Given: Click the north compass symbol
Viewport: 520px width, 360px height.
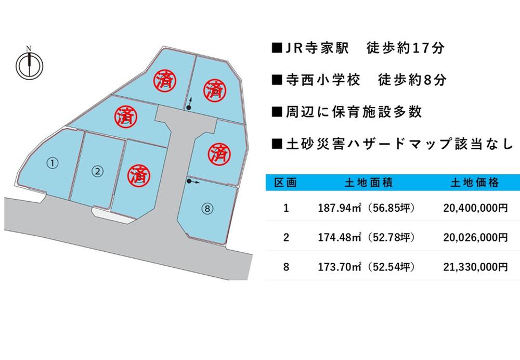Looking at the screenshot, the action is click(30, 65).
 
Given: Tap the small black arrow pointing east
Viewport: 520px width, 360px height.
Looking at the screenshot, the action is click(193, 182).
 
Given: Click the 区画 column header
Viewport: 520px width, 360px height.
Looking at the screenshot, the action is click(285, 183).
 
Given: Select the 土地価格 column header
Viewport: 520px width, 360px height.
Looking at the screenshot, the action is click(475, 183).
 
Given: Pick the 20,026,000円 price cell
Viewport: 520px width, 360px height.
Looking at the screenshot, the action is click(475, 238).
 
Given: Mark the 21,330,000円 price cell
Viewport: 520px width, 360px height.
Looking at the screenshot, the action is click(475, 267).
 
